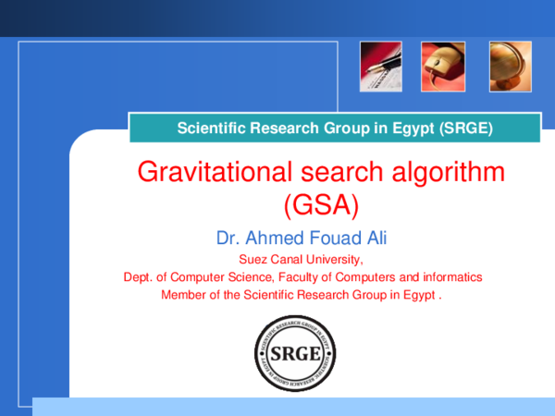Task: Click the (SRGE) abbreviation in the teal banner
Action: coord(462,128)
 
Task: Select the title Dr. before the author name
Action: coord(228,239)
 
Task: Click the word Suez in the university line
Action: coord(253,259)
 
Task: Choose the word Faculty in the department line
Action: coord(303,277)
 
